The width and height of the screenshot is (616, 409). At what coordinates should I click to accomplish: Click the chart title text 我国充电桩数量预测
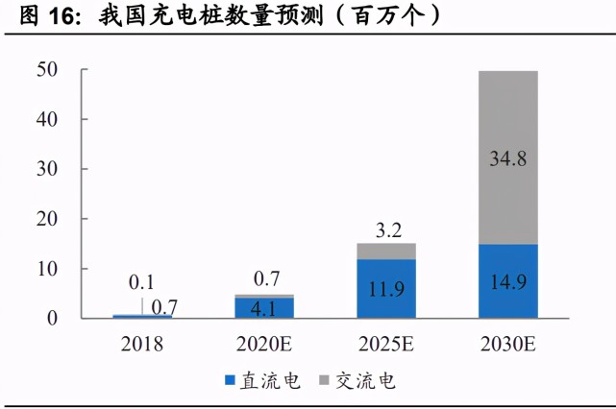(x=259, y=16)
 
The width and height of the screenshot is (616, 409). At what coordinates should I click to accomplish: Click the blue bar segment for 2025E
(x=385, y=288)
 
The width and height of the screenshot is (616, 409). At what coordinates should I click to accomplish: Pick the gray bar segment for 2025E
(x=385, y=252)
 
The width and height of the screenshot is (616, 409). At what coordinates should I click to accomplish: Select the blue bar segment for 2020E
(x=263, y=307)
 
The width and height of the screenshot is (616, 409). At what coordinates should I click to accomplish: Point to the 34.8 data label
(x=506, y=159)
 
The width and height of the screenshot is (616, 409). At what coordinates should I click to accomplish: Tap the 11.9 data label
(x=385, y=289)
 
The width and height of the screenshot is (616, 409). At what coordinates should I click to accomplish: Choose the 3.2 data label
(x=385, y=229)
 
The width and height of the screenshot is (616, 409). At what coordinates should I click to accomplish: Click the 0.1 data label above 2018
(x=141, y=282)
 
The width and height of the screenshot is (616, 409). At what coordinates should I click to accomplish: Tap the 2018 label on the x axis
(x=141, y=344)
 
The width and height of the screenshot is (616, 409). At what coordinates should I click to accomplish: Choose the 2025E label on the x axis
(x=385, y=344)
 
